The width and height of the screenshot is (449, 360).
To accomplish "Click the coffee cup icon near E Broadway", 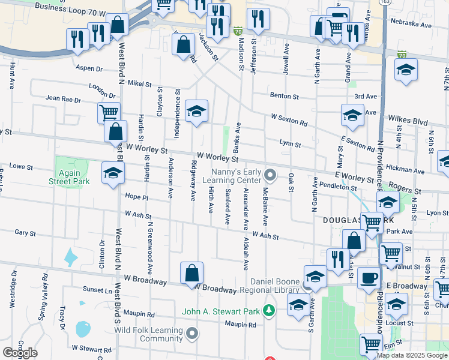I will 368,278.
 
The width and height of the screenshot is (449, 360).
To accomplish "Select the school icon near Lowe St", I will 112,173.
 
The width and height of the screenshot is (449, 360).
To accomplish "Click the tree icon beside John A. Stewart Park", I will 270,311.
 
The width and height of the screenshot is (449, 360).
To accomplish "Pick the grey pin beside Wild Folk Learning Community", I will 191,333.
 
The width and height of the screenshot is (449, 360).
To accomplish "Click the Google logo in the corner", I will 20,353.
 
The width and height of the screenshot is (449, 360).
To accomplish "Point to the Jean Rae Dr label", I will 63,98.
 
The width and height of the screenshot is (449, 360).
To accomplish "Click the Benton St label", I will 284,95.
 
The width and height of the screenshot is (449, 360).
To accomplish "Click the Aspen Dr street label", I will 88,68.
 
